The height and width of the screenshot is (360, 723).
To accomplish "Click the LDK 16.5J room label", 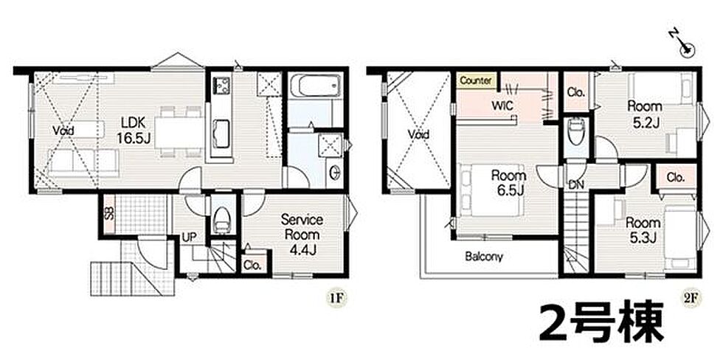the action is tap(134, 131).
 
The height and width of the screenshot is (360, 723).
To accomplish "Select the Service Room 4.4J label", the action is tap(302, 235).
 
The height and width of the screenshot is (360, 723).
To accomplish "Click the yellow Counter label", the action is tap(477, 80).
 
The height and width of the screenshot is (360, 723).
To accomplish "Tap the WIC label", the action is tap(502, 106).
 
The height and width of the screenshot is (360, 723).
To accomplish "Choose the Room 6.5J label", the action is tap(508, 182).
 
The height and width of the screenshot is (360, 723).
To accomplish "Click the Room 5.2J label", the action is tap(645, 114).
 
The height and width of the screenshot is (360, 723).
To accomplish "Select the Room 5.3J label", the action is tap(643, 230).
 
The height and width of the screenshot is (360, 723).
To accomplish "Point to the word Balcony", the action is tap(484, 256).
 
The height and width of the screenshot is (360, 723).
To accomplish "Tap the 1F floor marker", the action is tap(336, 298).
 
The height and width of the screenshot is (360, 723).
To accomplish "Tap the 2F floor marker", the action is tap(690, 298).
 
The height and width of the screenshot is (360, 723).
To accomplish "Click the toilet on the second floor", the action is tap(575, 132).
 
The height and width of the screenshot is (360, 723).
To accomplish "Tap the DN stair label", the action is tap(576, 185).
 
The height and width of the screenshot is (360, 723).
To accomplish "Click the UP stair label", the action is tap(189, 237).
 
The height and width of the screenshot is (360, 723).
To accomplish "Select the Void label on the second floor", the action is tap(418, 134).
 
